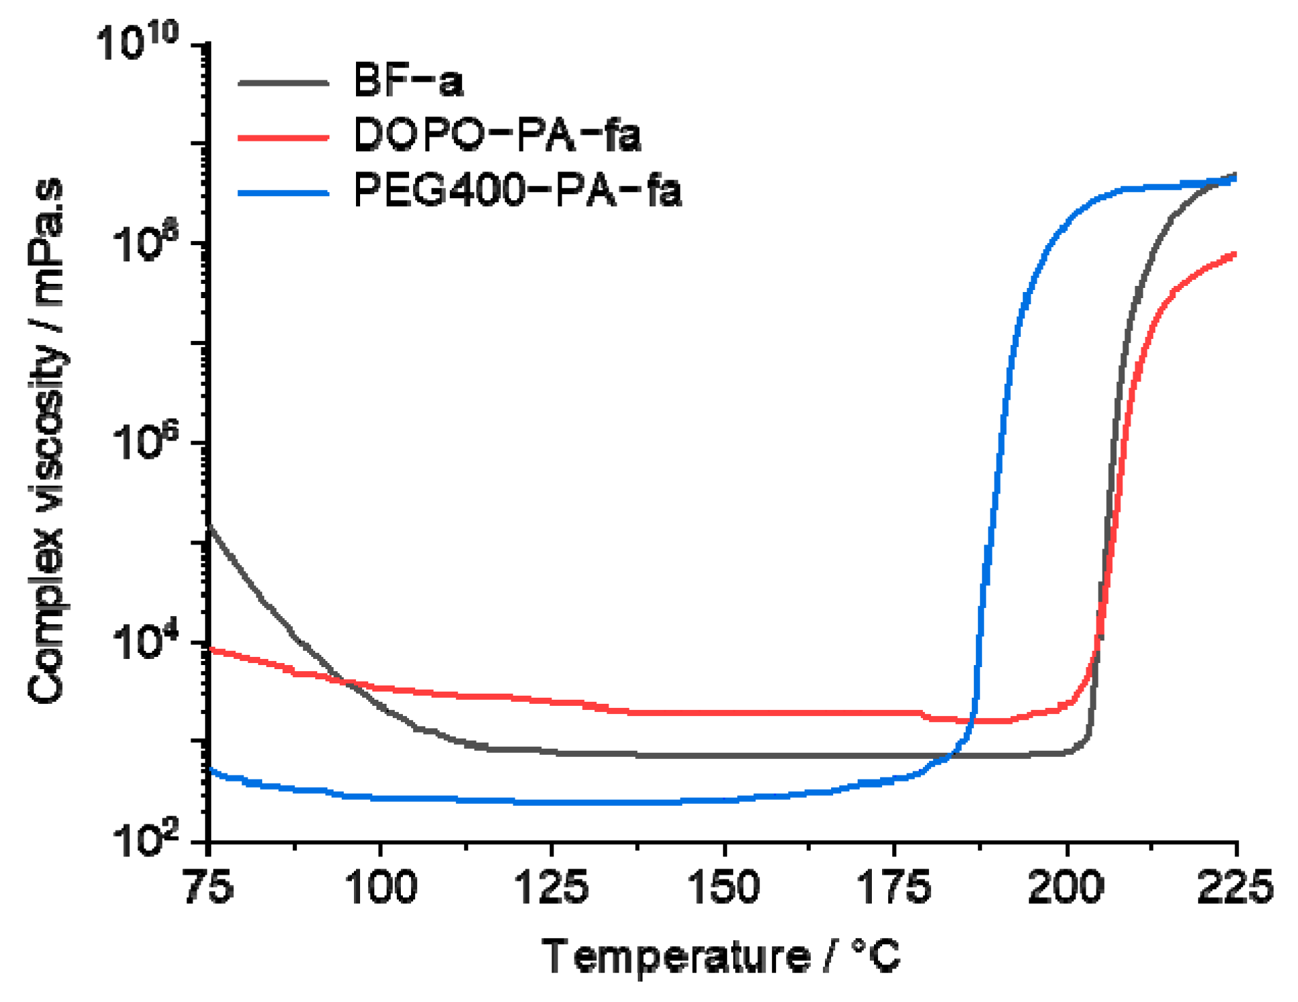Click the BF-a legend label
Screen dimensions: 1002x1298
(x=408, y=81)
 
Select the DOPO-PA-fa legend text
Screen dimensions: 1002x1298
(x=497, y=135)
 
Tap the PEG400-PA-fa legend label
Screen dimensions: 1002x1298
(x=517, y=190)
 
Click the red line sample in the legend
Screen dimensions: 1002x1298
(x=283, y=137)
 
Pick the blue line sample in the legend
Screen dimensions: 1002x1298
(x=283, y=193)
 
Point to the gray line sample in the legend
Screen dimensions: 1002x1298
(x=283, y=82)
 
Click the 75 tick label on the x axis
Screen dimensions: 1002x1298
(x=208, y=888)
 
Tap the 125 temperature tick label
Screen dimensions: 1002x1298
(x=551, y=888)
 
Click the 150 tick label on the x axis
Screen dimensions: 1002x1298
(x=724, y=888)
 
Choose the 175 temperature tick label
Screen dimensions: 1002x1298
(x=894, y=888)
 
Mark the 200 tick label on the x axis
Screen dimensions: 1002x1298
(x=1066, y=888)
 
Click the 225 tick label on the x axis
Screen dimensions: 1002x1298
(x=1235, y=888)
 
